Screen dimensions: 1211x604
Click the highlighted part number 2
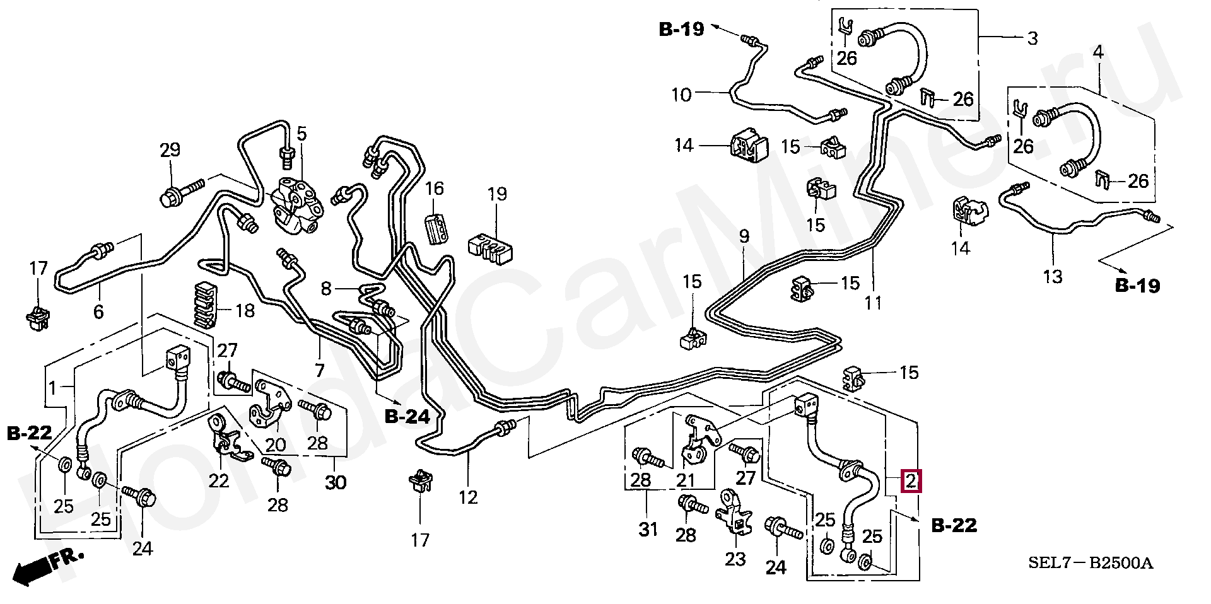pyautogui.click(x=911, y=481)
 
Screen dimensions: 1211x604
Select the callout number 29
pyautogui.click(x=170, y=150)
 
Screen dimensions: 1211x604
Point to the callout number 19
pyautogui.click(x=497, y=194)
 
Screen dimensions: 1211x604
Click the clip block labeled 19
pyautogui.click(x=490, y=248)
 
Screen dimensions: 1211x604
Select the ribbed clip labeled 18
pyautogui.click(x=206, y=305)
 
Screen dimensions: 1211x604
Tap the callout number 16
pyautogui.click(x=434, y=188)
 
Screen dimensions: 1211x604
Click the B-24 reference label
pyautogui.click(x=407, y=416)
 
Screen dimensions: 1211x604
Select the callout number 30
pyautogui.click(x=336, y=482)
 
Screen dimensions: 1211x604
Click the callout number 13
pyautogui.click(x=1053, y=276)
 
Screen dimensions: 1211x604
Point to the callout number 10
pyautogui.click(x=681, y=95)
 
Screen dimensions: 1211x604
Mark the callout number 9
pyautogui.click(x=744, y=237)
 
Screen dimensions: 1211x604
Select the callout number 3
pyautogui.click(x=1033, y=38)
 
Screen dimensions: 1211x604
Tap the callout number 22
pyautogui.click(x=219, y=480)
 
